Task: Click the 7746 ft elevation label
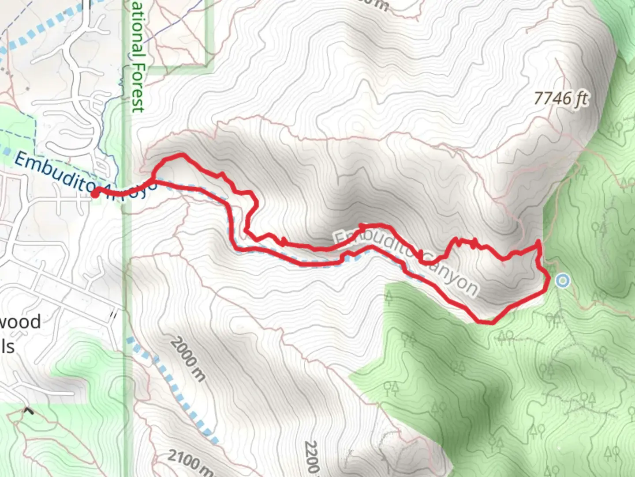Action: click(560, 98)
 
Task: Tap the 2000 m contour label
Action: click(188, 359)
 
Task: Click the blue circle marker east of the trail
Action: click(562, 281)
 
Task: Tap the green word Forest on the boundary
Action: click(138, 88)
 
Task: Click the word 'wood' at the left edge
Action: click(20, 322)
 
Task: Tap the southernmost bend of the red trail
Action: click(485, 322)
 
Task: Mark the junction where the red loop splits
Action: click(153, 180)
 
